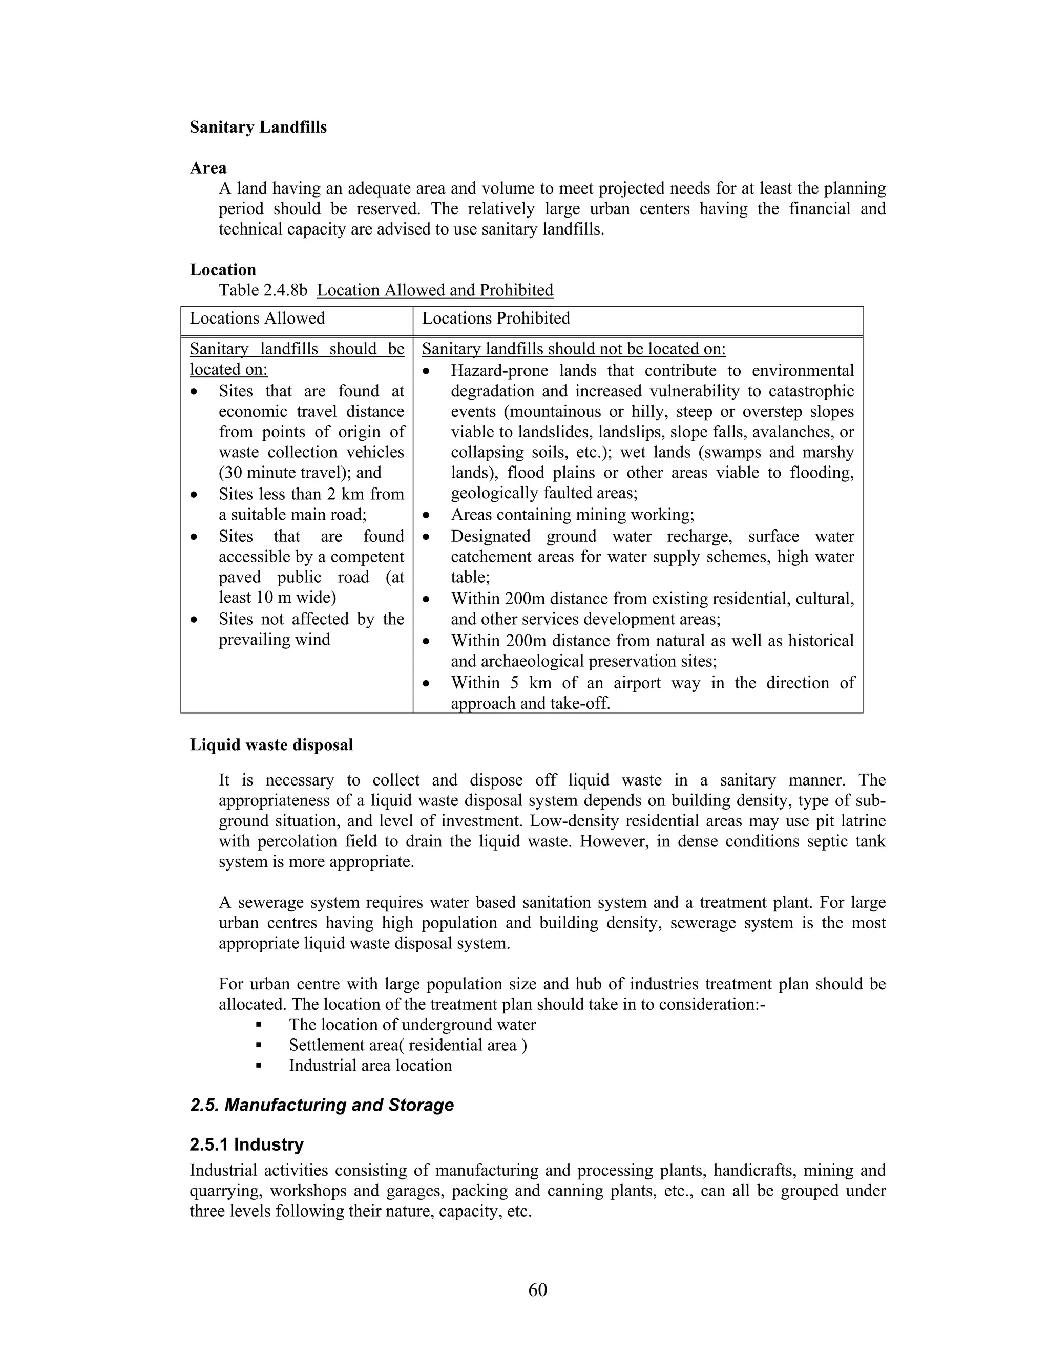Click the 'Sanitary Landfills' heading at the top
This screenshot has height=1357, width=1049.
(258, 128)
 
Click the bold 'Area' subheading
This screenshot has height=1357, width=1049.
(208, 168)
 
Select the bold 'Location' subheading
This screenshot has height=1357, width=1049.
(222, 270)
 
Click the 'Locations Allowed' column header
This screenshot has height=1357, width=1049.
(257, 318)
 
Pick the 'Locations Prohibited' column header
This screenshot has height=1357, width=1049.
(496, 318)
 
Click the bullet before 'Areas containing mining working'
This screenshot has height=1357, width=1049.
(426, 516)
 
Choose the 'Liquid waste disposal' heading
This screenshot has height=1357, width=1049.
(271, 745)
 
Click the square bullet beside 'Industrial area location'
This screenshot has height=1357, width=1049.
(259, 1066)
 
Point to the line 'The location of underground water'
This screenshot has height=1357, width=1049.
(411, 1025)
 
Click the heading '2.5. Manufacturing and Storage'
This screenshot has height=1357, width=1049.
(322, 1105)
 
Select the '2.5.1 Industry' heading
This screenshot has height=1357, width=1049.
(247, 1144)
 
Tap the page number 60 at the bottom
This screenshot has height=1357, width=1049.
(537, 1290)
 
